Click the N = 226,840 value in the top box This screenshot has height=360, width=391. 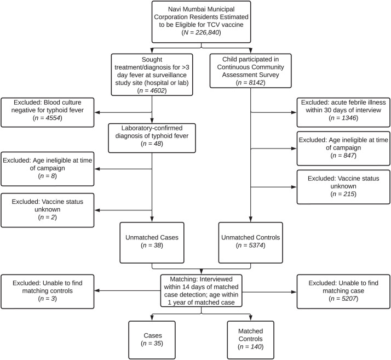pyautogui.click(x=201, y=32)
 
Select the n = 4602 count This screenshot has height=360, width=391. pyautogui.click(x=152, y=90)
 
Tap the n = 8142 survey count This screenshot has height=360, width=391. pyautogui.click(x=250, y=83)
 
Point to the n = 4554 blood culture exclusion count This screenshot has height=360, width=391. pyautogui.click(x=48, y=118)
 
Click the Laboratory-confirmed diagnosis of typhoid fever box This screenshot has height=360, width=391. pyautogui.click(x=152, y=138)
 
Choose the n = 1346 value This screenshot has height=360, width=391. pyautogui.click(x=343, y=118)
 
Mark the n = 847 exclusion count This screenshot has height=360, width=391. pyautogui.click(x=343, y=156)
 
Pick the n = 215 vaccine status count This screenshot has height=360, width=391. pyautogui.click(x=343, y=194)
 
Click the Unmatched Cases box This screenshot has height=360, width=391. pyautogui.click(x=152, y=243)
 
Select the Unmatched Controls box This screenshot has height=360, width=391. pyautogui.click(x=251, y=243)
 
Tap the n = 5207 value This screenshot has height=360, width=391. pyautogui.click(x=343, y=299)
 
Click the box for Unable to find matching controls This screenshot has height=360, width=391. pyautogui.click(x=48, y=292)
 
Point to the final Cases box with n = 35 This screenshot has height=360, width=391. pyautogui.click(x=152, y=340)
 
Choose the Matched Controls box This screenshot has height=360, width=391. pyautogui.click(x=251, y=340)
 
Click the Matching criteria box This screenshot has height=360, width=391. pyautogui.click(x=201, y=290)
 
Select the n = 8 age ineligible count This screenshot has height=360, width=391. pyautogui.click(x=48, y=176)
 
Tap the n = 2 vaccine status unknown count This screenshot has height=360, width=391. pyautogui.click(x=48, y=218)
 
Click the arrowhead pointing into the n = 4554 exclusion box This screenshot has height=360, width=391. pyautogui.click(x=97, y=112)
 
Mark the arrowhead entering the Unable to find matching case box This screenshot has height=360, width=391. pyautogui.click(x=294, y=292)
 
